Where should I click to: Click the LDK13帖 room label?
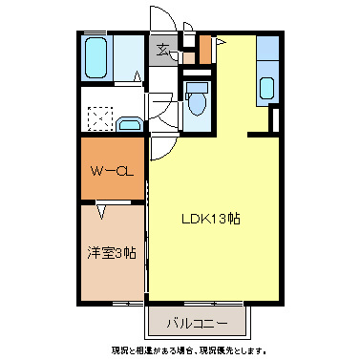(211, 218)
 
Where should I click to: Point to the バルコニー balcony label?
(197, 322)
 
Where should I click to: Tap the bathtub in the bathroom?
(96, 59)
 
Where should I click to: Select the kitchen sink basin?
(266, 88)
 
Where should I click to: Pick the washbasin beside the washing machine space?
(131, 122)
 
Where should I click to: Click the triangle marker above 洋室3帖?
(101, 203)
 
